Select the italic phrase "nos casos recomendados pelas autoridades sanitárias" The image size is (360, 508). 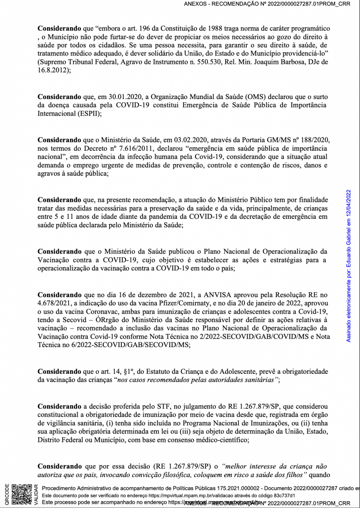pyautogui.click(x=197, y=380)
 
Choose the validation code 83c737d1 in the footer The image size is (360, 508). pyautogui.click(x=283, y=495)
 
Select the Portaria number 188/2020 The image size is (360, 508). pyautogui.click(x=310, y=139)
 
